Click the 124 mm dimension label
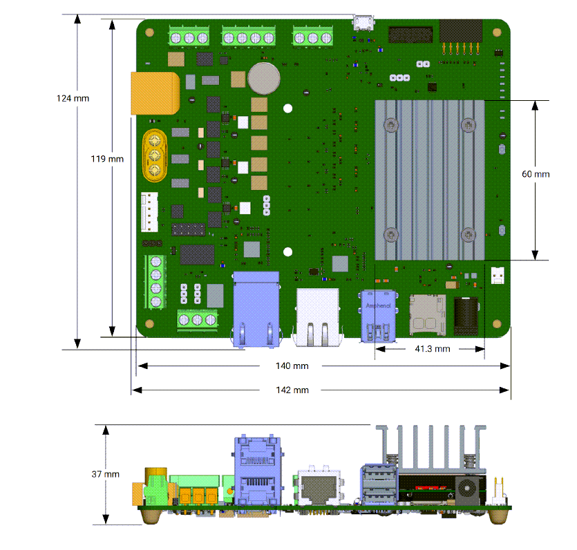(73, 98)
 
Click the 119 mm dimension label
(107, 158)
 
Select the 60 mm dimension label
(536, 174)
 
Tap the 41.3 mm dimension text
(433, 349)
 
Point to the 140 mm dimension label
(292, 366)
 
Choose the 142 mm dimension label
(292, 390)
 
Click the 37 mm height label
(106, 474)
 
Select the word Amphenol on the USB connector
(378, 305)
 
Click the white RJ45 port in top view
(318, 315)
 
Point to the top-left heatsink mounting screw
(391, 125)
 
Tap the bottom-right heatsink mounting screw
(470, 235)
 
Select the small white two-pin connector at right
(498, 274)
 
